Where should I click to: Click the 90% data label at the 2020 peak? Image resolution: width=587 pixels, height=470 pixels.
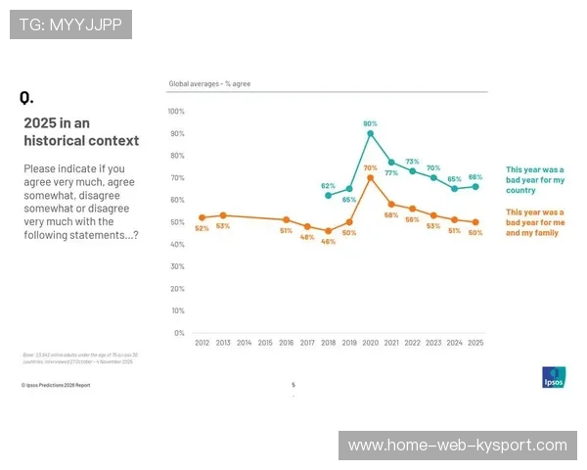[x=371, y=124]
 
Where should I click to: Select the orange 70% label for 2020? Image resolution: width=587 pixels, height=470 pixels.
[x=371, y=167]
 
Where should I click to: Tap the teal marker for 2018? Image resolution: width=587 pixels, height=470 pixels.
[x=328, y=196]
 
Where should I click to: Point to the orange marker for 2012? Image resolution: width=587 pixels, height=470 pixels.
[x=202, y=217]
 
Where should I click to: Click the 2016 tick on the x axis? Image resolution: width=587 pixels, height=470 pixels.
[x=287, y=344]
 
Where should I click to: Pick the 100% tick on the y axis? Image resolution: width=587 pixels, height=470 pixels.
[x=177, y=112]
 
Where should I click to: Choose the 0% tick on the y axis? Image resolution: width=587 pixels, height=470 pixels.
[x=179, y=333]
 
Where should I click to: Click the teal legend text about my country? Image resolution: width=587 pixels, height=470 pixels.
[x=535, y=179]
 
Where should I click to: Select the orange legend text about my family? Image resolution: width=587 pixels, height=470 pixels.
[x=535, y=223]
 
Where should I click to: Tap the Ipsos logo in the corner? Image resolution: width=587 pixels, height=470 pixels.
[x=553, y=377]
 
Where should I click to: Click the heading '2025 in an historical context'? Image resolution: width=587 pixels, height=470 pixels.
[x=81, y=131]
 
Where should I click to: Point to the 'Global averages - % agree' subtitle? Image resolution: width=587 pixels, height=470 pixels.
[x=209, y=84]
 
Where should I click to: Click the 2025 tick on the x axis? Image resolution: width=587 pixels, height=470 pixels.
[x=475, y=344]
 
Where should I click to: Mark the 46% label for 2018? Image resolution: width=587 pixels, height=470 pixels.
[x=329, y=241]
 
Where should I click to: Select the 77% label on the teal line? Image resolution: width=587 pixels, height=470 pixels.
[x=391, y=172]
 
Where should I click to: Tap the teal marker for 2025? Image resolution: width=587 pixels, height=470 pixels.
[x=475, y=186]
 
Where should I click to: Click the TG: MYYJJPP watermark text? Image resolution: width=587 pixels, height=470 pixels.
[x=70, y=24]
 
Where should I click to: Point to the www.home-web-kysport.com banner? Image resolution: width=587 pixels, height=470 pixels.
[x=458, y=446]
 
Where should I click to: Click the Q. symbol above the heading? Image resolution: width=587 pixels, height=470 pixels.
[x=26, y=98]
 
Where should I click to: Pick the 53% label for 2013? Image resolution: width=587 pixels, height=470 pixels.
[x=223, y=226]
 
